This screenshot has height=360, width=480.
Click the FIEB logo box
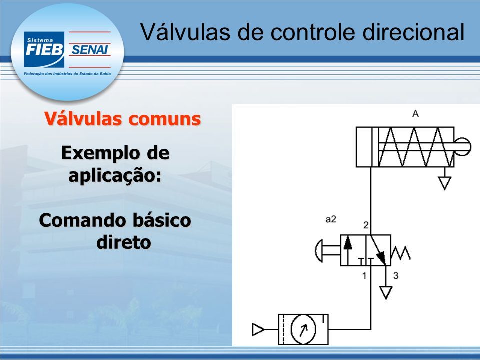coord(44,49)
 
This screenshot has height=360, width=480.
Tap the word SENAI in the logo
coord(90,50)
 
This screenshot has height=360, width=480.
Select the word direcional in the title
coord(414,32)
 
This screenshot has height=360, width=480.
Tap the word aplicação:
coord(115,176)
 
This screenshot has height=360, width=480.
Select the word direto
coord(123,242)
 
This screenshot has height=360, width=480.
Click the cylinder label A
coord(415,114)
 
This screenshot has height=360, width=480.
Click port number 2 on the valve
coord(366,225)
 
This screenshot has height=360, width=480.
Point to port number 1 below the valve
coord(364,276)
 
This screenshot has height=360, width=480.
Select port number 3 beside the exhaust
coord(396,276)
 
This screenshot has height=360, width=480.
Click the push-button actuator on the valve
coord(327,250)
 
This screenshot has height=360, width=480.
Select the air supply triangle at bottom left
coord(258,329)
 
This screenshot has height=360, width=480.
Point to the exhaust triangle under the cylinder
coord(445,183)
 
